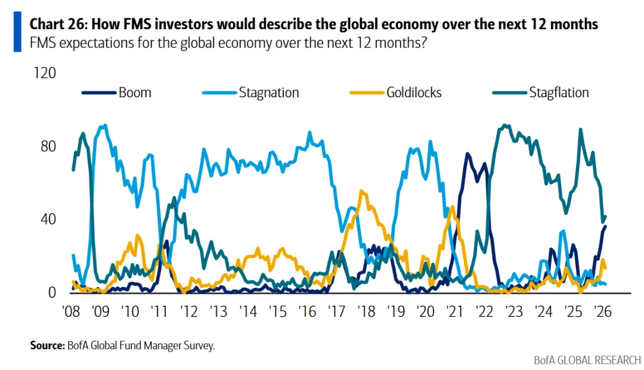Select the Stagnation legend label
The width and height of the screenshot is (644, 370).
point(268,92)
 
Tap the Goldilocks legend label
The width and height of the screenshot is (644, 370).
point(414,92)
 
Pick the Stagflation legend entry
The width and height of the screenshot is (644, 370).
point(559,92)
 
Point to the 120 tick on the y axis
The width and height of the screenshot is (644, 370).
point(45,73)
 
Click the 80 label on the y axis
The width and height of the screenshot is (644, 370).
point(48,147)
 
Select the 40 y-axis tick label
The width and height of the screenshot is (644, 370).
point(48,220)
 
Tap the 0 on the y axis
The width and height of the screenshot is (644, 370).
point(52,293)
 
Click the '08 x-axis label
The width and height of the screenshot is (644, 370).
point(72,312)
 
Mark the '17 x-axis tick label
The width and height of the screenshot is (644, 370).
point(338,312)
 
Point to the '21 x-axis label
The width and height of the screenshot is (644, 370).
point(455,312)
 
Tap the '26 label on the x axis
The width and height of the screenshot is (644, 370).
point(602,312)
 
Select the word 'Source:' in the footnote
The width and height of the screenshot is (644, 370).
point(47,346)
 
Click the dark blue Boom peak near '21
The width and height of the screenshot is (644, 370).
point(467,154)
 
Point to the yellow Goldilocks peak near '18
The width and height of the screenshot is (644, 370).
point(361,192)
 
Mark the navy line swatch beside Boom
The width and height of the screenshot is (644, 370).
point(98,92)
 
